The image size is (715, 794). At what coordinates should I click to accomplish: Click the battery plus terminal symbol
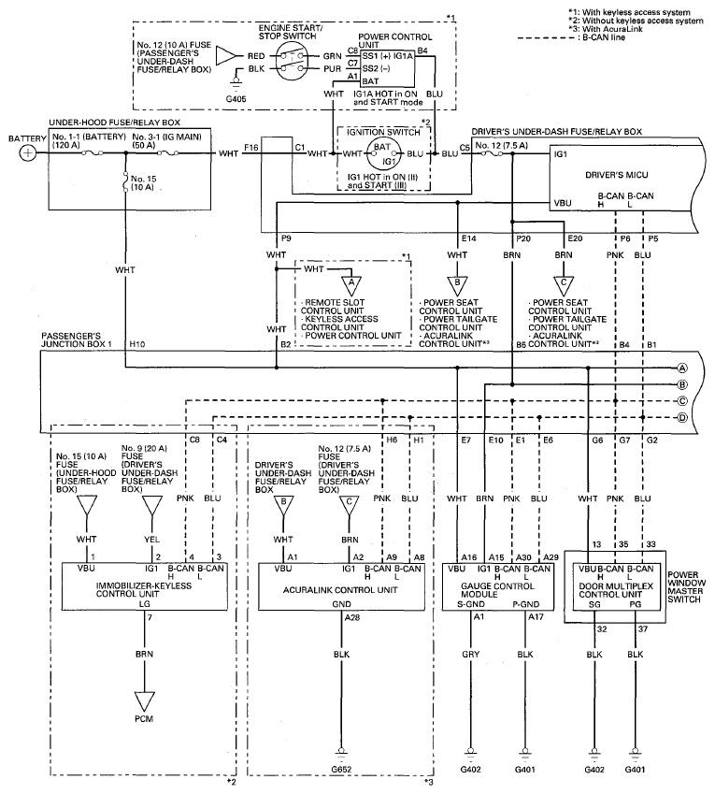[28, 153]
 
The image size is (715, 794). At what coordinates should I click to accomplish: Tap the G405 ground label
[236, 99]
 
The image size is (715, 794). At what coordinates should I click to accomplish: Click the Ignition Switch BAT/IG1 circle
[383, 153]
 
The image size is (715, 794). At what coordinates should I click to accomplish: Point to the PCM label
[144, 718]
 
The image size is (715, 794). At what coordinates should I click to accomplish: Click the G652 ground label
[341, 769]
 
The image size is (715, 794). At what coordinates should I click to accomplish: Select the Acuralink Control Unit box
[341, 586]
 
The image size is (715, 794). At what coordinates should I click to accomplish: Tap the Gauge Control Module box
[498, 586]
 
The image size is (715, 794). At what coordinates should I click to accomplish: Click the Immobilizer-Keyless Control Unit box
[144, 586]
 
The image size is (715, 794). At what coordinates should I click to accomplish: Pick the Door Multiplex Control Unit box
[615, 586]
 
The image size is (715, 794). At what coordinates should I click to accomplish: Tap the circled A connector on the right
[682, 368]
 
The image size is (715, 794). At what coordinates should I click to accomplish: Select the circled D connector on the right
[682, 418]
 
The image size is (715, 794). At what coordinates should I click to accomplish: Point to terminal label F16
[251, 148]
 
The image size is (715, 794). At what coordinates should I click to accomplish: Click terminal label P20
[522, 238]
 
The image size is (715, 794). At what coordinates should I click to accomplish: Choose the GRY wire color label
[471, 655]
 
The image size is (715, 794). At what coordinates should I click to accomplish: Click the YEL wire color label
[151, 540]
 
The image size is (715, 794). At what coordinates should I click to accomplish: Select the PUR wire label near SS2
[333, 69]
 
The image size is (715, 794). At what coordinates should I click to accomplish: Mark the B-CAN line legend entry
[572, 37]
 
